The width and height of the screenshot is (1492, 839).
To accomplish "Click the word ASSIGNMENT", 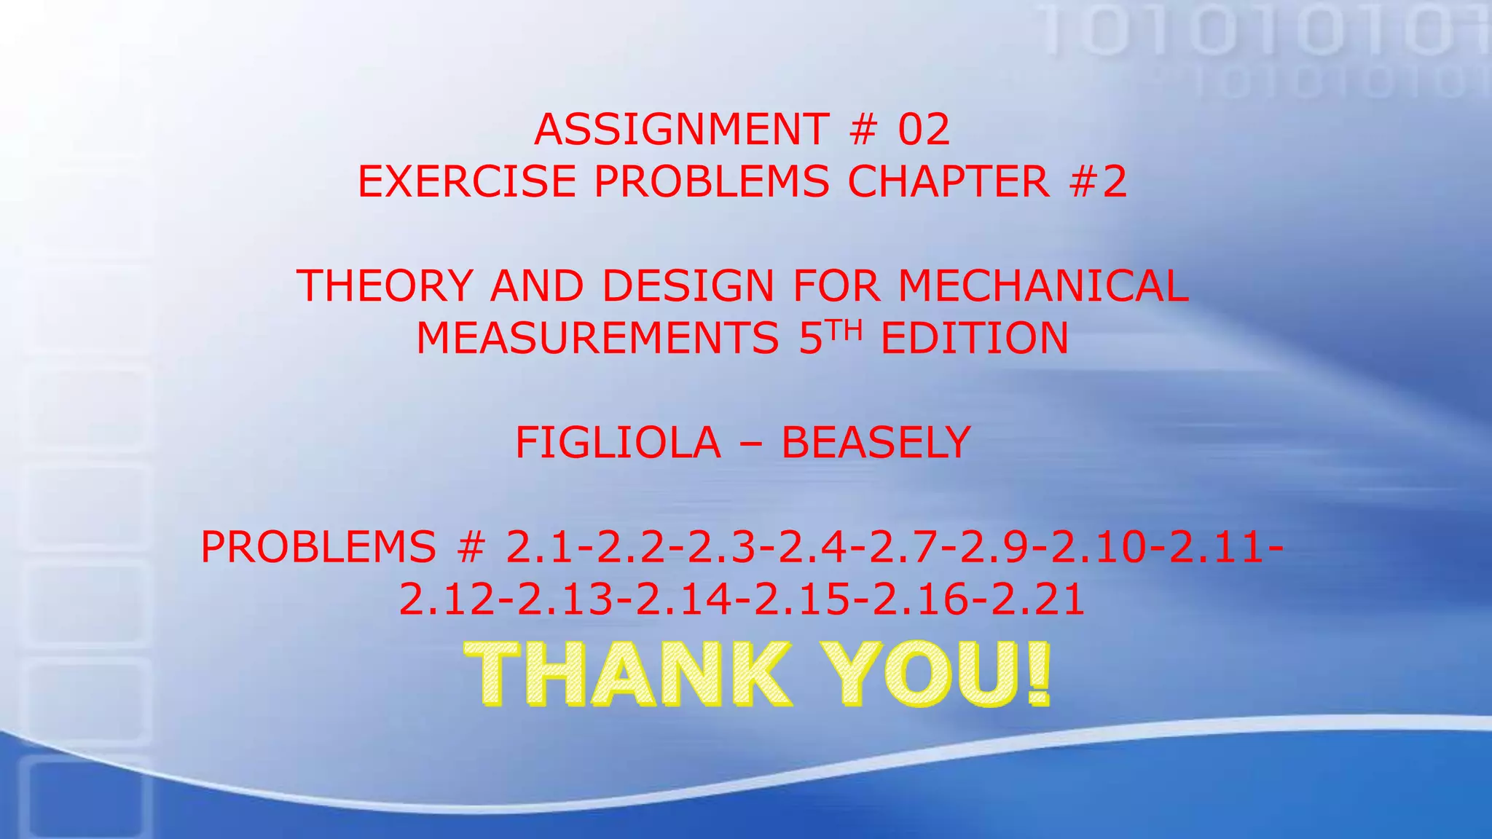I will (681, 130).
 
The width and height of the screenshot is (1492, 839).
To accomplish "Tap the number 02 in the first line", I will (924, 130).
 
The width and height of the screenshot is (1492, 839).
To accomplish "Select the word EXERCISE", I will (466, 181).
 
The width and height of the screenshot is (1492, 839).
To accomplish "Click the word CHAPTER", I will (948, 181).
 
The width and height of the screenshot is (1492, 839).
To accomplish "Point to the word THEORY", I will (385, 285).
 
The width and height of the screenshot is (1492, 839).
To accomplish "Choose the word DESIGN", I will (688, 285).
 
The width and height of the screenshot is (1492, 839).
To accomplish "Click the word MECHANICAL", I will (1043, 285).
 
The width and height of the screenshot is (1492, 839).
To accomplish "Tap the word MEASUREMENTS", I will (597, 339).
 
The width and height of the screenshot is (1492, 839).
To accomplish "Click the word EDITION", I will (975, 339).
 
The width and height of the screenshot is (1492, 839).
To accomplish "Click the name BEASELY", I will (876, 443).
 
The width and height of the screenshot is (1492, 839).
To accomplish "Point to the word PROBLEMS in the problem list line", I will (318, 548).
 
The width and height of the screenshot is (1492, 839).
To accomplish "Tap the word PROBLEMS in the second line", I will (711, 181).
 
